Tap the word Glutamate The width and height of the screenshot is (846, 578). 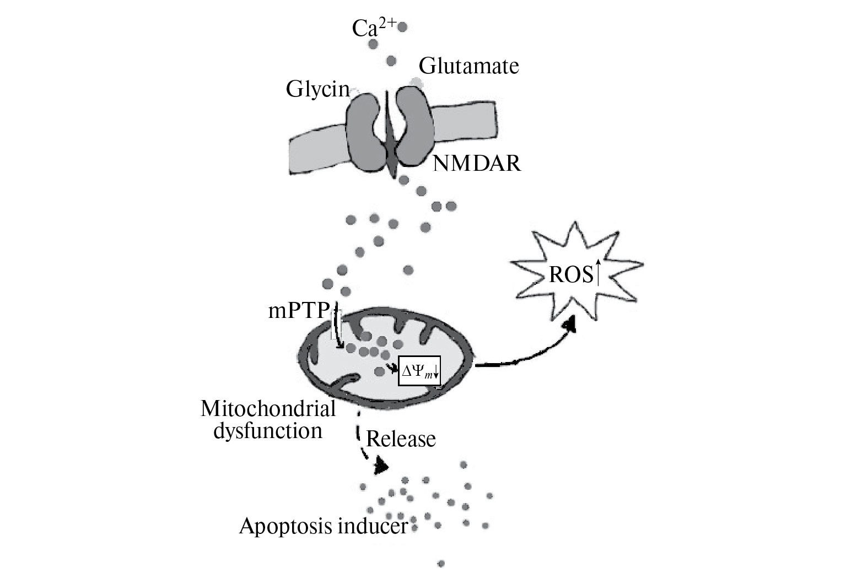[x=468, y=67]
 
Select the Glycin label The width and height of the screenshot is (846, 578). [x=317, y=89]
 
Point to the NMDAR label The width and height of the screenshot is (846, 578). [x=477, y=164]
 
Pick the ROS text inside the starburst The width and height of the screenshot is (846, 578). [x=570, y=274]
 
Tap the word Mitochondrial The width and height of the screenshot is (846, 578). [x=268, y=409]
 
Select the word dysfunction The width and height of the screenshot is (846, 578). [x=267, y=430]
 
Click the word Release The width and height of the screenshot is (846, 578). [x=401, y=439]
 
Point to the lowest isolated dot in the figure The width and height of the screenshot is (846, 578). [x=441, y=563]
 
